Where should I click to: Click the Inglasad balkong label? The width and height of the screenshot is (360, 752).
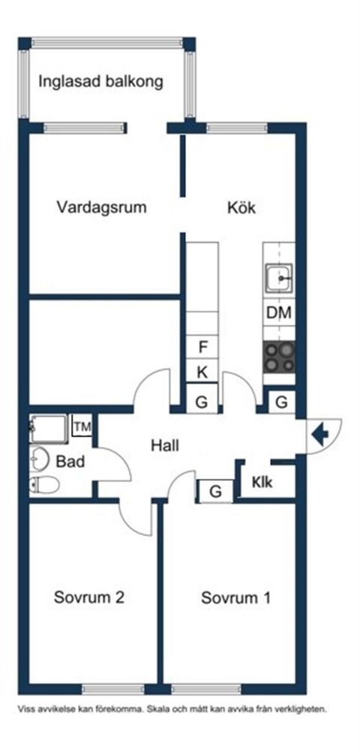point(100,82)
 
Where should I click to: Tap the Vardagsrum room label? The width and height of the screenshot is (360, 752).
point(101,208)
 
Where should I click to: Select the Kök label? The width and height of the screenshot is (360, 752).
point(241,208)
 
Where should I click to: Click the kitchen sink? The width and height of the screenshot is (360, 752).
point(279,277)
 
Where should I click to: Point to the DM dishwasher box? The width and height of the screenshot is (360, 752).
point(279,313)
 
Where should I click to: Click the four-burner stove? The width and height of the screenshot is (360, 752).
point(279,358)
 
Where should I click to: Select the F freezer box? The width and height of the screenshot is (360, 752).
point(202,346)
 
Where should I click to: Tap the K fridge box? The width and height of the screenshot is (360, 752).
point(202,372)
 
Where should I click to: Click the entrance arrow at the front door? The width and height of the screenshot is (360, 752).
point(319,435)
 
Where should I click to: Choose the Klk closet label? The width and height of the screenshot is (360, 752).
point(262,483)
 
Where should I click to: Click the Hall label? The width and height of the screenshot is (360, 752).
point(165,445)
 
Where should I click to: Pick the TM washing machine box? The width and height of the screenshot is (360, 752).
point(82,427)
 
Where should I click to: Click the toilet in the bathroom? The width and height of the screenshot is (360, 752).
point(44,485)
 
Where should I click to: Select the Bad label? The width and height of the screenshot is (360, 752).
point(70,462)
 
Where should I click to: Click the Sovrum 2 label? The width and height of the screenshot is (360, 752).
point(89,598)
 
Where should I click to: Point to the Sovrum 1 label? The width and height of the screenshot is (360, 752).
point(235,598)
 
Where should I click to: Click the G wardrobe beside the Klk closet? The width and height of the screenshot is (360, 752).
point(216,492)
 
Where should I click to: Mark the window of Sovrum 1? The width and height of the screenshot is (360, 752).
point(206,689)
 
